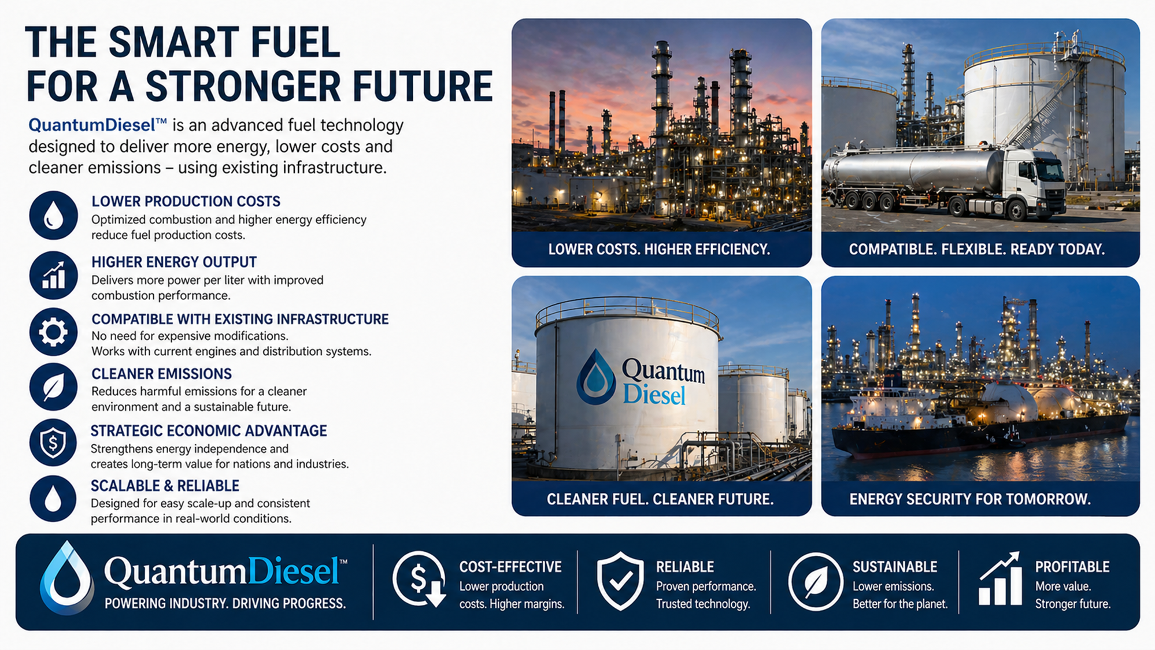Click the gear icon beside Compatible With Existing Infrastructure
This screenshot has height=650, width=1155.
coord(53,332)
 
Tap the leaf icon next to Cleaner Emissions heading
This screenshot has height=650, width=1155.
coord(53,387)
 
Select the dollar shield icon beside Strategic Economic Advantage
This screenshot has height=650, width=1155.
coord(53,443)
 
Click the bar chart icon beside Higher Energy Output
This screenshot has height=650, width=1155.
coord(53,276)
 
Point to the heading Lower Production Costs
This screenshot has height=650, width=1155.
coord(186,202)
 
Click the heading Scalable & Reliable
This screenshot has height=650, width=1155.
coord(165,486)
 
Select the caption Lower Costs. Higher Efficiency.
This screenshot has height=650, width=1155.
coord(659,250)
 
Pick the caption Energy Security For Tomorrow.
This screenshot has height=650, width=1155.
coord(970,499)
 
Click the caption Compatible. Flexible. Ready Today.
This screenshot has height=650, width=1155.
coord(976,250)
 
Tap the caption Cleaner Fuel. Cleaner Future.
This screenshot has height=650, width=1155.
coord(660,499)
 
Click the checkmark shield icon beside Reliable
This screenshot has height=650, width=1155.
coord(620,581)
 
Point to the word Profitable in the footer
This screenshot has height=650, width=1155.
coord(1072,567)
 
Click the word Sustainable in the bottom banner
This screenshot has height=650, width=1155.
coord(895,567)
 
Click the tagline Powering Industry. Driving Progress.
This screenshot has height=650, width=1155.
coord(225,604)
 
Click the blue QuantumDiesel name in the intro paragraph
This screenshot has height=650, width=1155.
coord(98,125)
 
